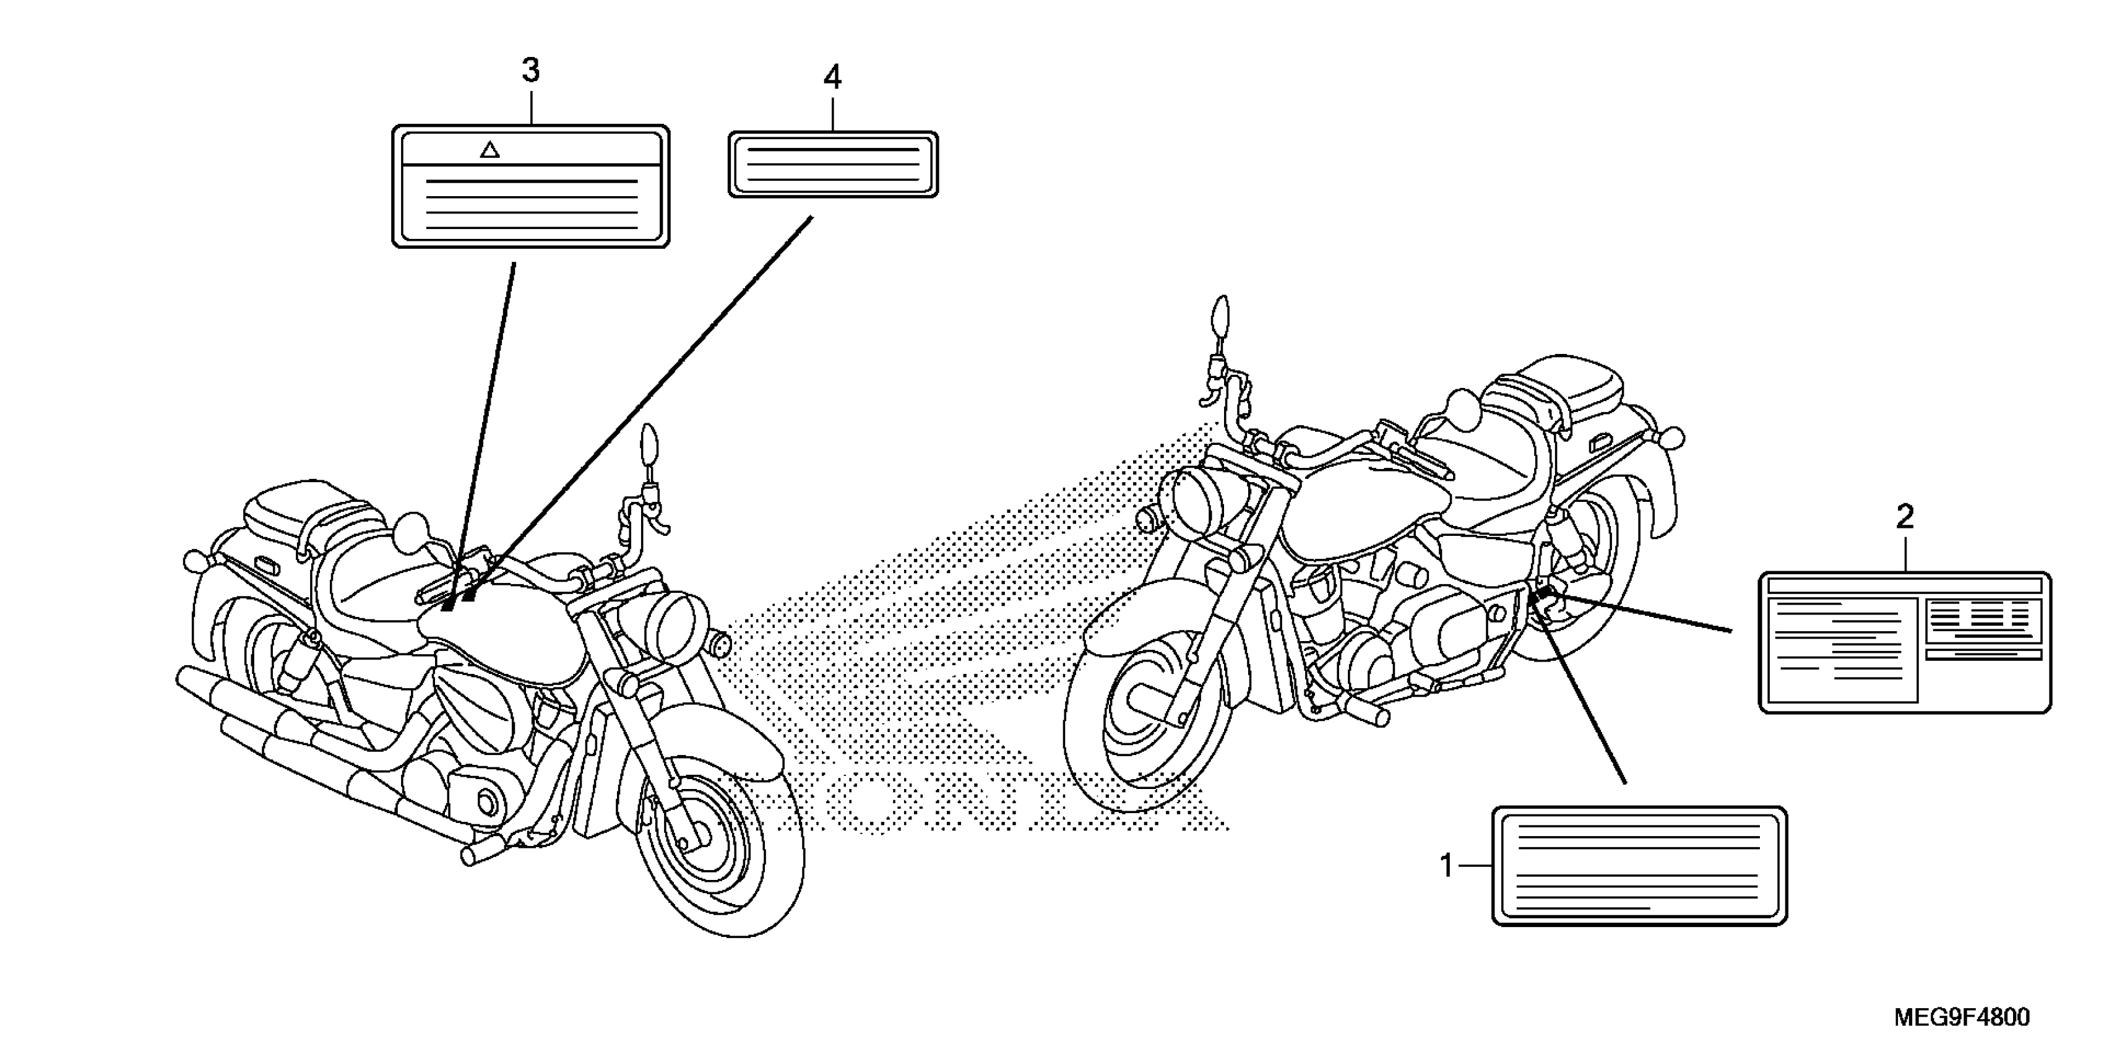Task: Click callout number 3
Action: [531, 72]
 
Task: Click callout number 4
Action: [832, 77]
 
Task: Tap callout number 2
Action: [1904, 517]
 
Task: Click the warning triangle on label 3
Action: [490, 150]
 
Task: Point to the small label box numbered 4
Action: [833, 164]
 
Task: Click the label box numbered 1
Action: [1639, 866]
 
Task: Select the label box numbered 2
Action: [1904, 642]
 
